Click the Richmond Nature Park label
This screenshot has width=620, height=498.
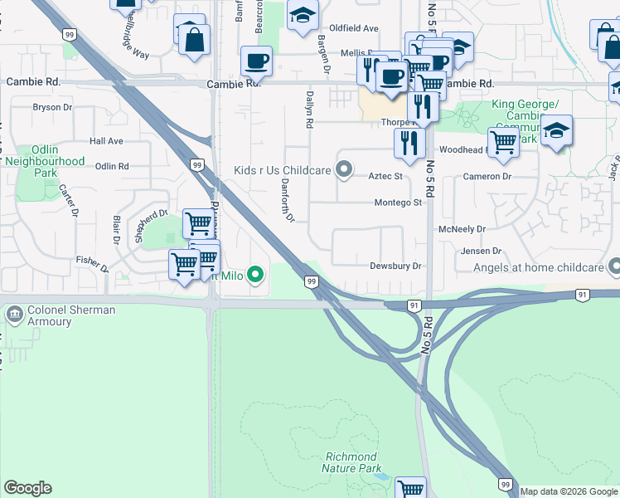point(351,462)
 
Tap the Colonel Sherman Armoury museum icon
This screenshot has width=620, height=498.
point(14,315)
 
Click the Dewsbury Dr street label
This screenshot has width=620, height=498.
point(396,266)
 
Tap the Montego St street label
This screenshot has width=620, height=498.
point(399,203)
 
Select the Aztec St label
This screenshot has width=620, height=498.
point(385,176)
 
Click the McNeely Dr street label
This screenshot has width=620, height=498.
point(462,228)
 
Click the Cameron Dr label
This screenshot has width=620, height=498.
point(487,176)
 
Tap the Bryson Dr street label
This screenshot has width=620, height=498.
point(51,107)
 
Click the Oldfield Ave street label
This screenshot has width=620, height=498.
point(354,27)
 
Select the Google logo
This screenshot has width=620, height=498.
point(27,488)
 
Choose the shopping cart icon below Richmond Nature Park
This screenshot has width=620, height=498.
point(410,488)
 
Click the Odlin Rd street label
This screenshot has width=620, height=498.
point(112,166)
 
